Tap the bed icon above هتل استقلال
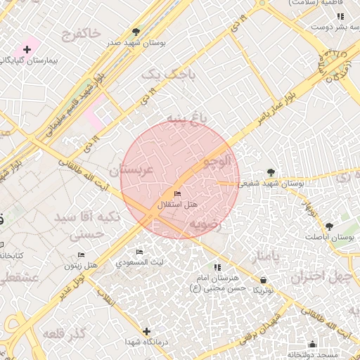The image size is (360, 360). pos(176,193)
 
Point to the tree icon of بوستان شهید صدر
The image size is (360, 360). pos(136,32)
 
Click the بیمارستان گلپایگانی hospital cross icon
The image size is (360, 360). pos(27,50)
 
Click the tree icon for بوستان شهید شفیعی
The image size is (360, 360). pos(271,172)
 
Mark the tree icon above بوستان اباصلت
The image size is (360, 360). pos(329,226)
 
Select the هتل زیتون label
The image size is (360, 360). pos(80,266)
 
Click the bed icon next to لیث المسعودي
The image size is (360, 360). pos(139,252)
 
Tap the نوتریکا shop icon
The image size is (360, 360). pos(263,279)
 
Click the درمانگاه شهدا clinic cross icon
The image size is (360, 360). pos(146,331)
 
